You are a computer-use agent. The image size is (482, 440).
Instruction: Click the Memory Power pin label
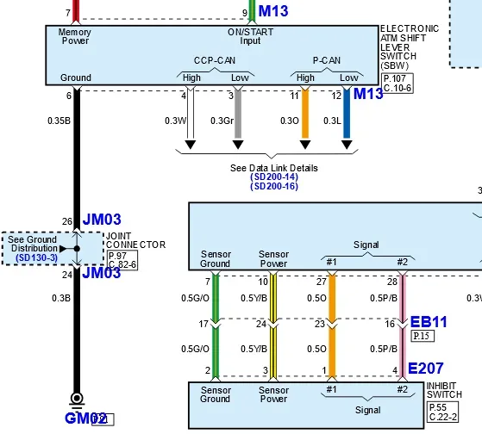75,36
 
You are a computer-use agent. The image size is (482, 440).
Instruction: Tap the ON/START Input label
250,36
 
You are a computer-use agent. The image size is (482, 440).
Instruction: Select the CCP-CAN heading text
215,60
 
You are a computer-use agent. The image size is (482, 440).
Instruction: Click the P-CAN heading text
327,60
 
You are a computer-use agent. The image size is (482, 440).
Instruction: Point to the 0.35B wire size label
59,121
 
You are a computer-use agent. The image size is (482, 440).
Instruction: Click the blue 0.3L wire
347,114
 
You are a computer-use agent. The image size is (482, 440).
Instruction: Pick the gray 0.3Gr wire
238,114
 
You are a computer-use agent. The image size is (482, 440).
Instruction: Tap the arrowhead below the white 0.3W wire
191,145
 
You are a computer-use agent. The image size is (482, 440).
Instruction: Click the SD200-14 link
274,177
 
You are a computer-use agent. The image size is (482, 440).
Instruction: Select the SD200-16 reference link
274,186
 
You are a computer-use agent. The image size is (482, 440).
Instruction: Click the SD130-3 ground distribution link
36,257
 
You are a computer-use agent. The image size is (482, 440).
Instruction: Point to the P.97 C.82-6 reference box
122,260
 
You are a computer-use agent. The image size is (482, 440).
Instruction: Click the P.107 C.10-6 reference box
397,84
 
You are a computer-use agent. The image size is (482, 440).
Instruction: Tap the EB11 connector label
429,322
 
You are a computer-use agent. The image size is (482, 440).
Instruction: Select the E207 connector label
425,369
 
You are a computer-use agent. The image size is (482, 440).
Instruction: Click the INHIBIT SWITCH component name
444,390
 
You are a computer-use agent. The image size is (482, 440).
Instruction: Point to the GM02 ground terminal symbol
77,400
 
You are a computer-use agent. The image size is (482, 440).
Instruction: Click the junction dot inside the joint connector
77,248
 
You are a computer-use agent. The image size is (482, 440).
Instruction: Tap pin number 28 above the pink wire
392,282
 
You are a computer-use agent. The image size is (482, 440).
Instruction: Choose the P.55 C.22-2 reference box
442,412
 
